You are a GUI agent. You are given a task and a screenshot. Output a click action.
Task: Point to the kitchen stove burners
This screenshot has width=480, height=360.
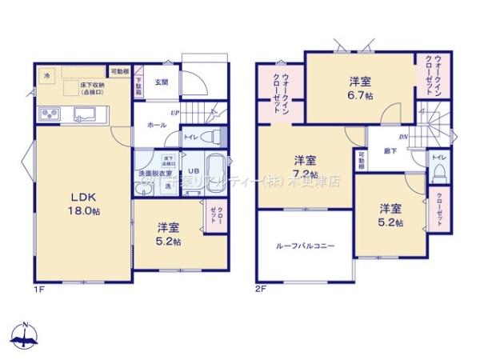[x=49, y=113]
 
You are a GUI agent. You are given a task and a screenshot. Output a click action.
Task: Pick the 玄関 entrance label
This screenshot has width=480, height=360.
[x=161, y=82]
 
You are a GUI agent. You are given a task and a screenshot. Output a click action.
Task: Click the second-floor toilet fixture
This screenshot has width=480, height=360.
[x=439, y=170]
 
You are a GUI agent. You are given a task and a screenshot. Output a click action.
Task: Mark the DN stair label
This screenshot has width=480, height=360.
[x=404, y=137]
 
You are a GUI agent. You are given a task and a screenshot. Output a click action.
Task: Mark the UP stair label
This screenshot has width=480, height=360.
[x=174, y=113]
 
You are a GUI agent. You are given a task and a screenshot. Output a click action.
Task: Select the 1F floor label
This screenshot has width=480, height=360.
[x=38, y=289]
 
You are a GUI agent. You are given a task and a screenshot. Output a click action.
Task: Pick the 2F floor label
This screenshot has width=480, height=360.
[x=260, y=289]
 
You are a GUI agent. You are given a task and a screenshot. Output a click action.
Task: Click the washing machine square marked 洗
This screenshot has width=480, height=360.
[x=168, y=186]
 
